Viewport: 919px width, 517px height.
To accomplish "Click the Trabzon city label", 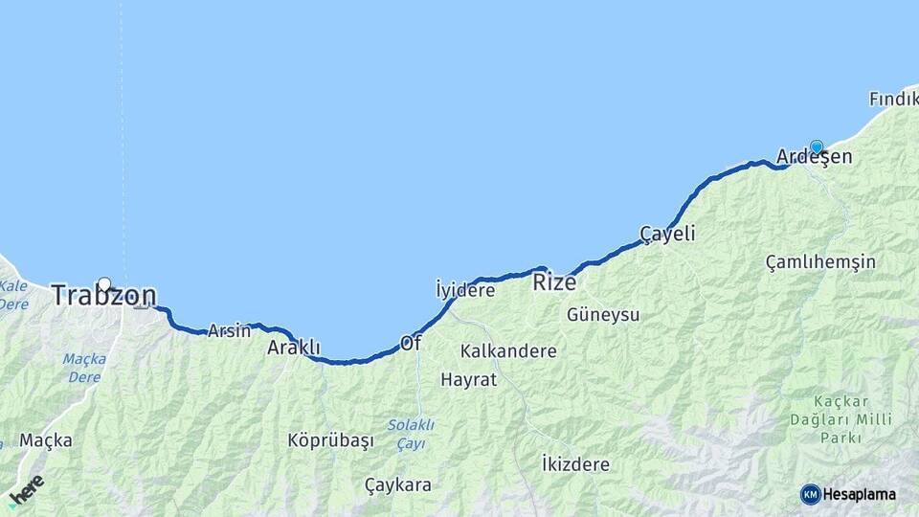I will [x=103, y=295].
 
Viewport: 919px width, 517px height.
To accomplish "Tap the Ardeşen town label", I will [x=814, y=157].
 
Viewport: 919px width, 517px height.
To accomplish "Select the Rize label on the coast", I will [x=554, y=281].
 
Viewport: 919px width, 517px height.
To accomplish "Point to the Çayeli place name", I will [x=667, y=234].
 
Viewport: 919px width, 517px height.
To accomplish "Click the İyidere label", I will [x=465, y=289].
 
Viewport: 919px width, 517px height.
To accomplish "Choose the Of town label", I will [x=411, y=343].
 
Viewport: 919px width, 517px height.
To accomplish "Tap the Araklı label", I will [x=294, y=348].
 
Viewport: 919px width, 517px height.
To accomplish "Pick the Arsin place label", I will [x=229, y=330].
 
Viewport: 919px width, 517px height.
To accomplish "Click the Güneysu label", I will [x=603, y=314].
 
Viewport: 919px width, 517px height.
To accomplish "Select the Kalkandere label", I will [x=508, y=351].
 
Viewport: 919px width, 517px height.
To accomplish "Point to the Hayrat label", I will [x=469, y=379].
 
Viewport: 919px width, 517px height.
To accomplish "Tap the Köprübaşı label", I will [x=330, y=440].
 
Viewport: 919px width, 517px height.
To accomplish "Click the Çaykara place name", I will [x=398, y=484].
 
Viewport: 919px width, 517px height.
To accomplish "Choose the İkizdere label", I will [x=575, y=464].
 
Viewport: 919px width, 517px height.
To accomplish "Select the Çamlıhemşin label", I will [x=820, y=262].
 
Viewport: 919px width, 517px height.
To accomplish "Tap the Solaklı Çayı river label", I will [x=411, y=434].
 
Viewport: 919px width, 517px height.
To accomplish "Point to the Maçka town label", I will [x=46, y=440].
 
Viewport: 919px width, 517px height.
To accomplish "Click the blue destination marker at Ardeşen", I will [x=817, y=146].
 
